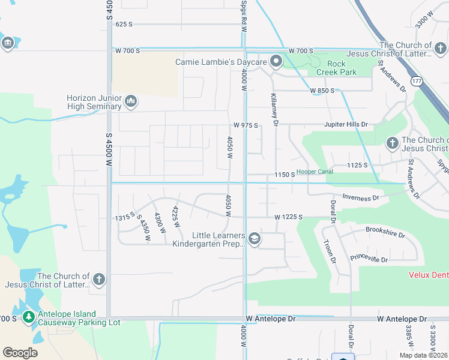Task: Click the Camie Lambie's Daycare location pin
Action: point(276,61)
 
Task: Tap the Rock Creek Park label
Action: point(341,68)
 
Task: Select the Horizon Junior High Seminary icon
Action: point(131,102)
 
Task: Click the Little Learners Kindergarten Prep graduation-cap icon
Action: point(255,239)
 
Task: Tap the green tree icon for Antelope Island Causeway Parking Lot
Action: point(28,317)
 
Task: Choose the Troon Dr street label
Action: point(328,251)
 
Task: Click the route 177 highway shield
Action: point(415,80)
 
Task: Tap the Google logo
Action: point(20,353)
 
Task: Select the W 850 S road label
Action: point(322,91)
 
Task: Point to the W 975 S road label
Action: point(246,125)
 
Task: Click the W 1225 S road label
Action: point(288,217)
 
